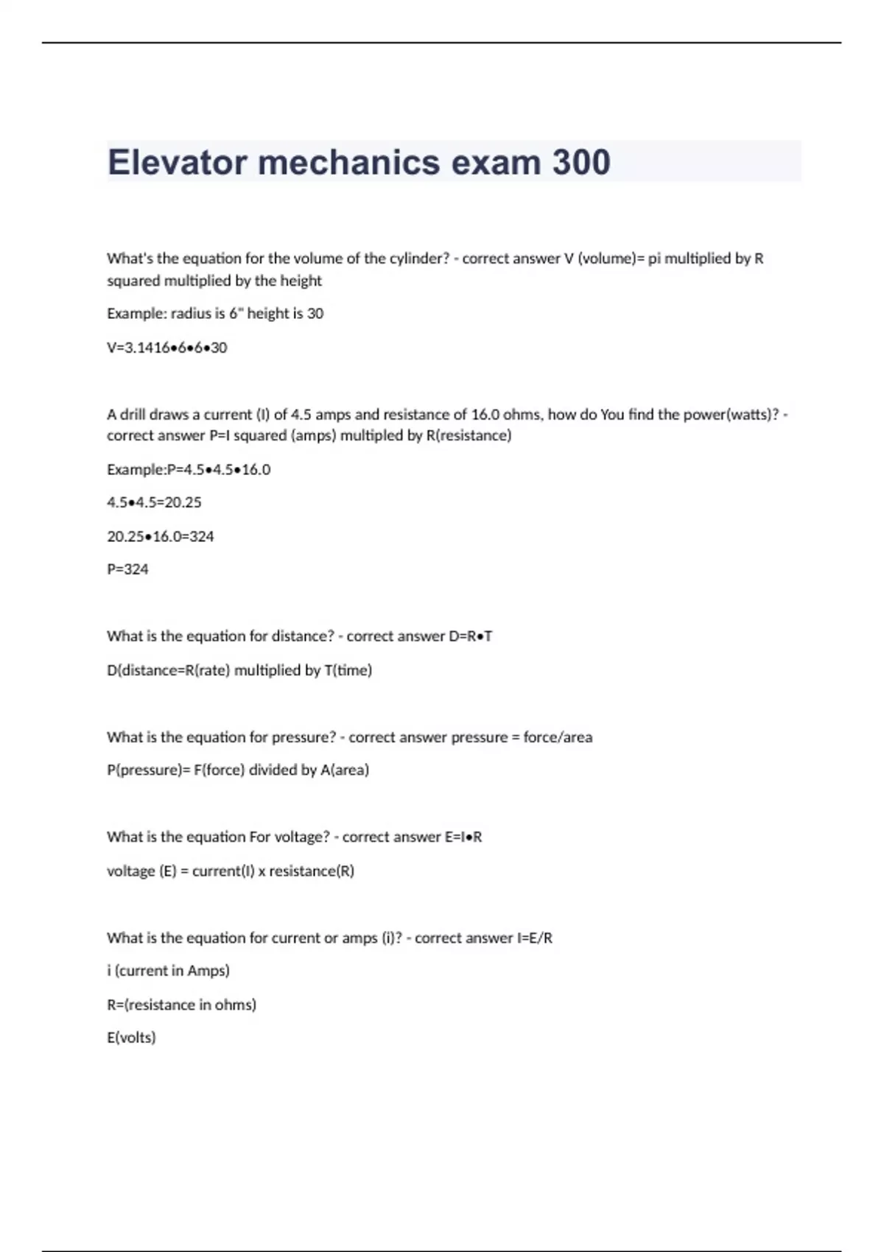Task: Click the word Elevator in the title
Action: click(x=177, y=162)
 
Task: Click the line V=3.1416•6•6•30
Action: click(x=166, y=348)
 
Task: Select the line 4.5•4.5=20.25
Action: click(x=154, y=502)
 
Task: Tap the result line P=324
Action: click(x=127, y=569)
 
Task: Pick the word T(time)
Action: click(x=348, y=670)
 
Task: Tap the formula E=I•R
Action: click(x=463, y=837)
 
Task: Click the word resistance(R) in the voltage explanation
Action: click(x=312, y=871)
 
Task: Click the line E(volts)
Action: click(x=131, y=1038)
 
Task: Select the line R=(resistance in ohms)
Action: click(x=181, y=1005)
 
